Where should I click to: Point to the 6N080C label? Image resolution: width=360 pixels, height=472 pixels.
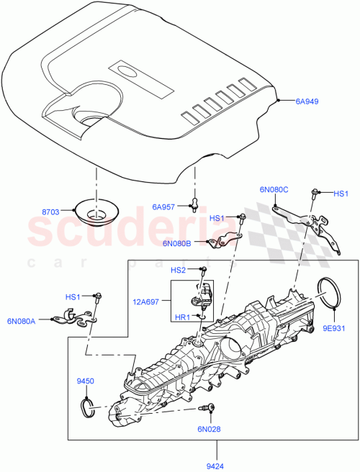click(274, 190)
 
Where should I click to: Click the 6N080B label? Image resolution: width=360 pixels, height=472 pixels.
click(177, 244)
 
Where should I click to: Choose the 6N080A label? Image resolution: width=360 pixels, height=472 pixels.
click(22, 321)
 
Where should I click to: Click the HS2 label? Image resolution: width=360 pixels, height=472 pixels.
click(179, 270)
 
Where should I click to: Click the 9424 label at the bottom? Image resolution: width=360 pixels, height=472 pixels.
click(214, 466)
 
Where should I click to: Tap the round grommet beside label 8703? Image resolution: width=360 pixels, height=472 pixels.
click(96, 213)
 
